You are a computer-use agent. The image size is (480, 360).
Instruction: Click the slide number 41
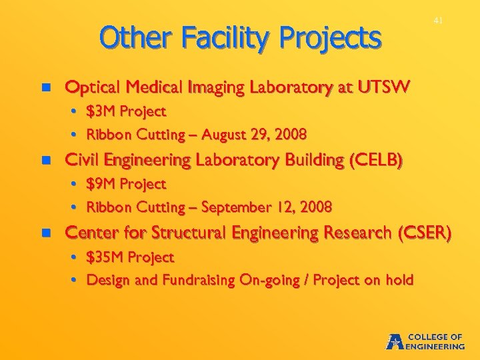[438, 21]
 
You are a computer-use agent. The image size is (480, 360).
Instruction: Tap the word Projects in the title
[331, 38]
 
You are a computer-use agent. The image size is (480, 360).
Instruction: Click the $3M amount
[101, 111]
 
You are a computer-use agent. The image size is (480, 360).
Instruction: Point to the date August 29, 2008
[259, 135]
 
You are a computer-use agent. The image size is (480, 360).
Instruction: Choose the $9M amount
[101, 184]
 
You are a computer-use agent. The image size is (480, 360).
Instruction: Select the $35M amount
[105, 257]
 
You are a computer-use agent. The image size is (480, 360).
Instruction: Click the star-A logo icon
[395, 341]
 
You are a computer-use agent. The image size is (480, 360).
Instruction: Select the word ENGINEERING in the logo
[436, 347]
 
